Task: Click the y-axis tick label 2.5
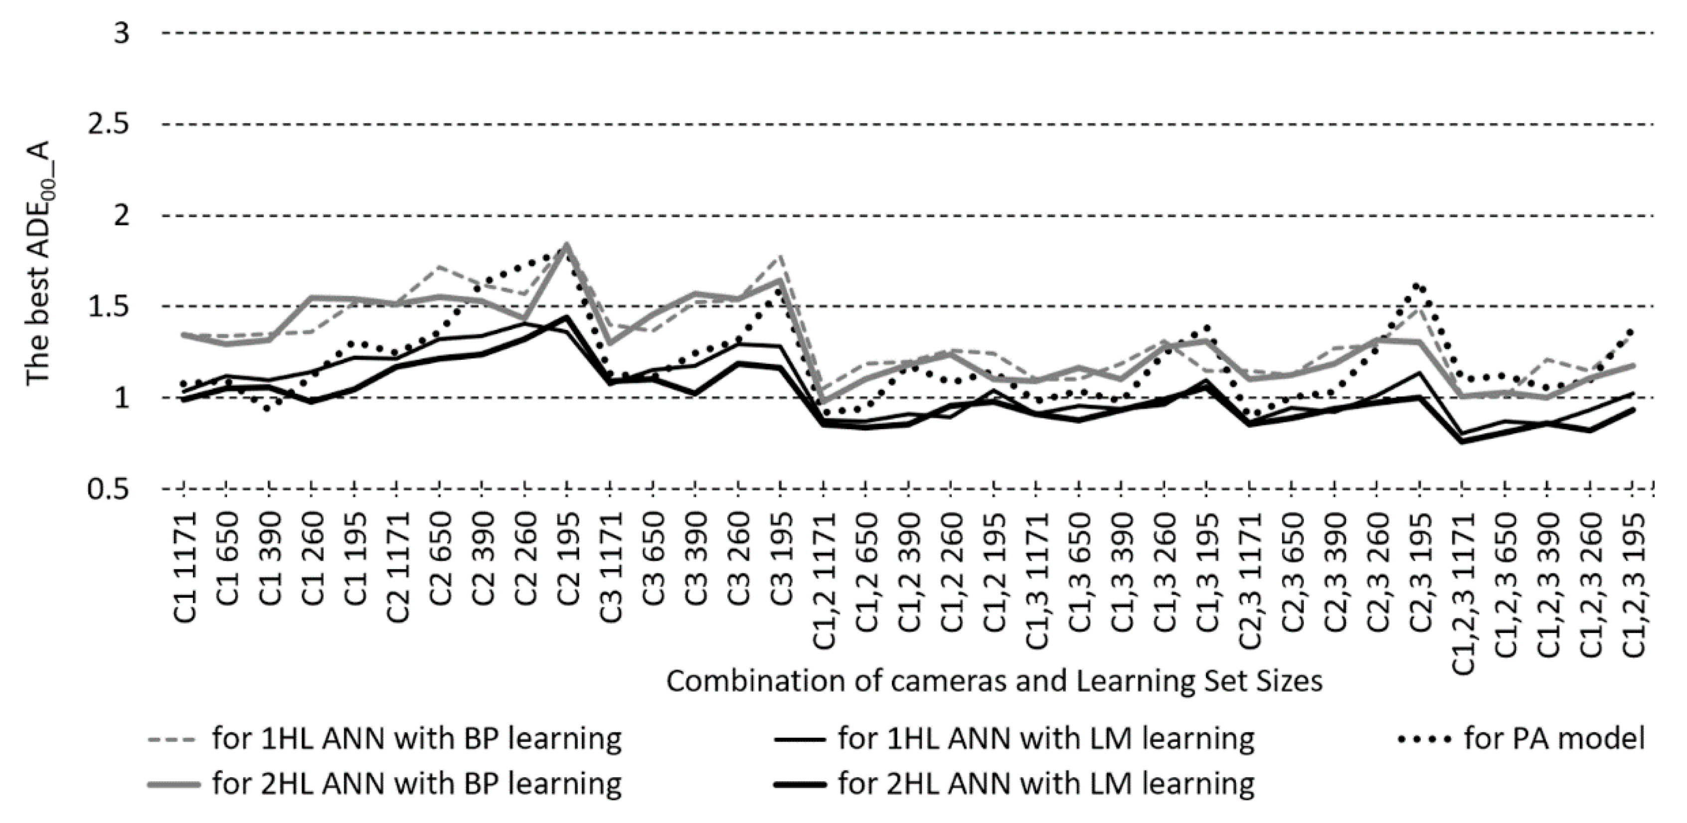(108, 125)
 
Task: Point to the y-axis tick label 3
(122, 33)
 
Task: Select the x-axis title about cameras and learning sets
(994, 681)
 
